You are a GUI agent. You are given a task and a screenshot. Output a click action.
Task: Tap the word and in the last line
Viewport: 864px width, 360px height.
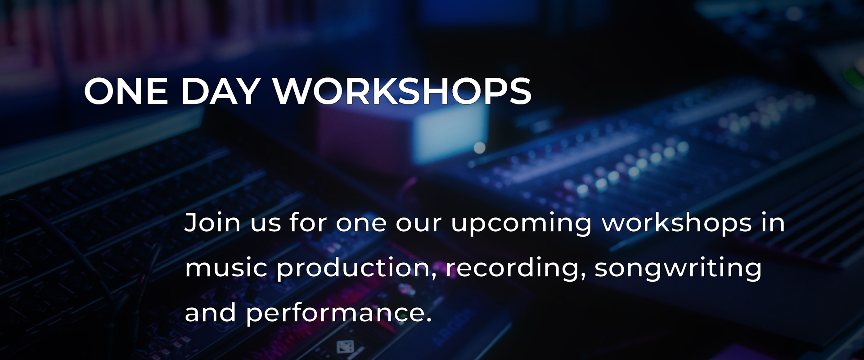(210, 312)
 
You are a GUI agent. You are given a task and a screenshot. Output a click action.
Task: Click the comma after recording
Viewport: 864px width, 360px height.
(583, 277)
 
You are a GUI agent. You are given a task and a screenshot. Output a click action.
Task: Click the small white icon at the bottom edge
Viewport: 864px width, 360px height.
(345, 347)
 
